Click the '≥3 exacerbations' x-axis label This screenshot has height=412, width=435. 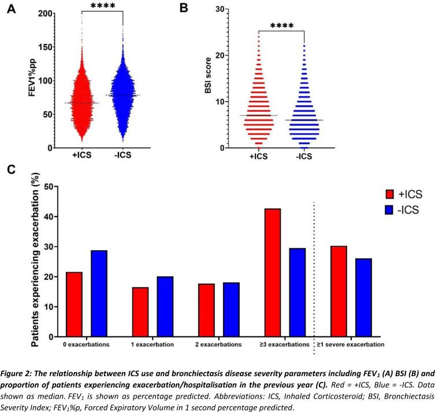click(x=281, y=344)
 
